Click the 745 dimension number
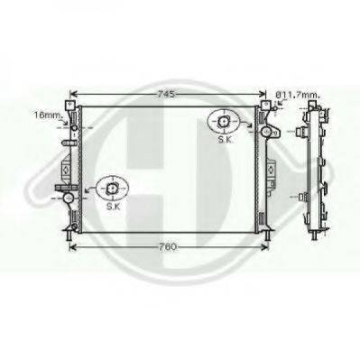[x=166, y=95]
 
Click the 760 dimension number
[x=168, y=247]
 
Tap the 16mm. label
[x=49, y=115]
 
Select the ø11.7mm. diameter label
[x=298, y=95]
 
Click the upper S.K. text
[x=225, y=140]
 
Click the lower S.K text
[x=113, y=207]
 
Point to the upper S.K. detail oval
[x=224, y=122]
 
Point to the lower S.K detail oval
[x=113, y=189]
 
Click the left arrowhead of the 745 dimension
[x=73, y=95]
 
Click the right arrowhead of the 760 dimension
[x=264, y=247]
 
